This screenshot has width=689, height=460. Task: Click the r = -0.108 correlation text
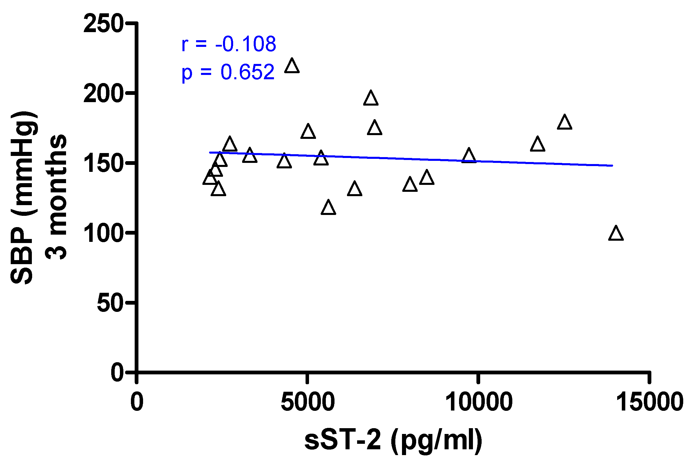click(229, 44)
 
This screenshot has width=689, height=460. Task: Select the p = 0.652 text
click(228, 72)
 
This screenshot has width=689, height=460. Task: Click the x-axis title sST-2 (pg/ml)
click(393, 440)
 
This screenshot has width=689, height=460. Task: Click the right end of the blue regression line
click(612, 166)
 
